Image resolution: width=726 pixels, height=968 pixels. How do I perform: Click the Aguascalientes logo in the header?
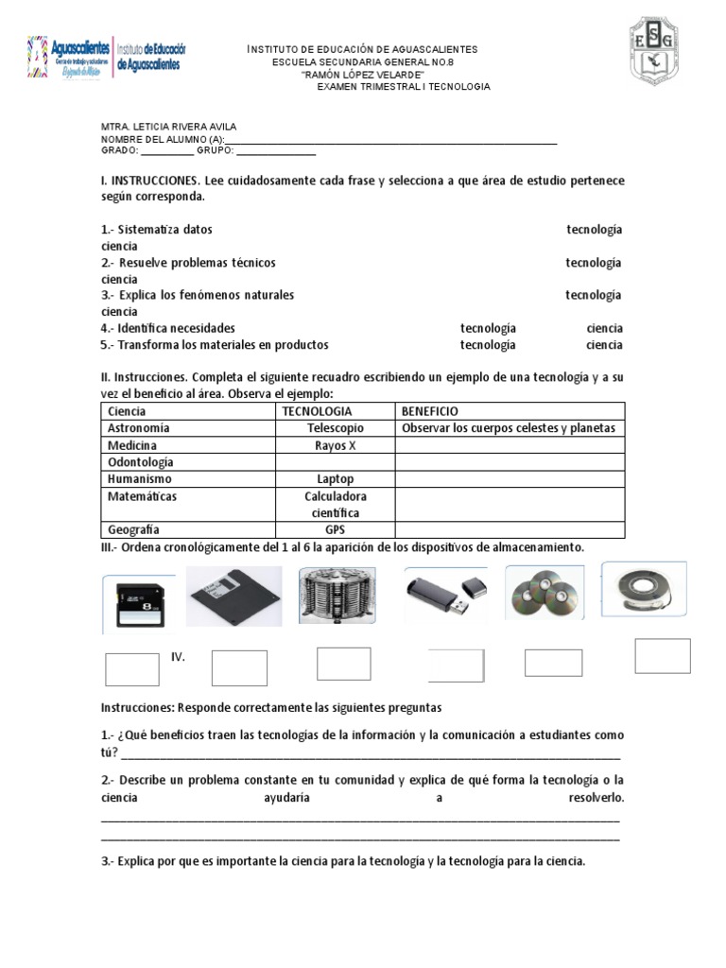107,58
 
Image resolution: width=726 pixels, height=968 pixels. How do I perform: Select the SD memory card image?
139,602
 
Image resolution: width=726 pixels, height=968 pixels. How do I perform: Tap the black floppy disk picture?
233,596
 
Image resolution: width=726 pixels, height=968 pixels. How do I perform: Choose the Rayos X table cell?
336,445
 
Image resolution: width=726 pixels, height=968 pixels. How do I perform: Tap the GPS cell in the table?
336,530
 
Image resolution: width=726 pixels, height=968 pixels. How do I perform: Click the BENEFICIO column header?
429,411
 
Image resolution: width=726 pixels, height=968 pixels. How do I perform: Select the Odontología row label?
142,462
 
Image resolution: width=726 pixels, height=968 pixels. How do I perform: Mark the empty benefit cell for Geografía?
510,530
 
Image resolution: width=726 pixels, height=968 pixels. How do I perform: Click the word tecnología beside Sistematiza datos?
594,230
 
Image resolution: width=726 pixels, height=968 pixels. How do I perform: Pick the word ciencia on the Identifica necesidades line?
604,328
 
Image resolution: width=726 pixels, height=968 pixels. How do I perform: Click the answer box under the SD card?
132,668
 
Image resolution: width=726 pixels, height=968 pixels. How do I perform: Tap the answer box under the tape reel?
662,655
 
